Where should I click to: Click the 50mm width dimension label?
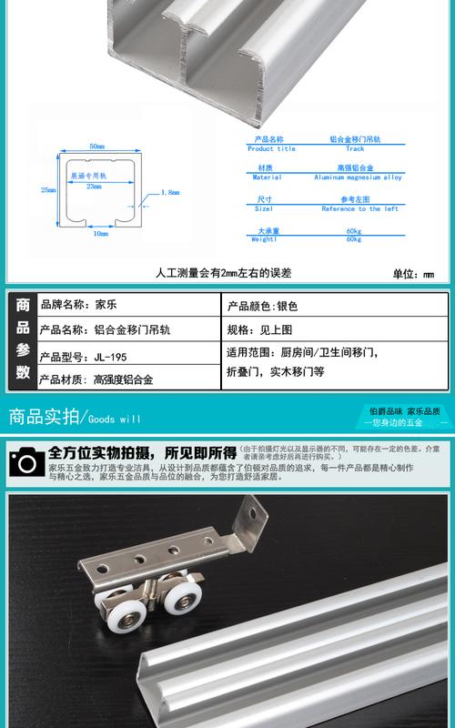(96, 147)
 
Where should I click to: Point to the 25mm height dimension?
(48, 190)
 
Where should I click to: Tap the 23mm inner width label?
(94, 186)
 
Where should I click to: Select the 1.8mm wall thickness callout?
(169, 193)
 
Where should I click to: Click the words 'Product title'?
(271, 149)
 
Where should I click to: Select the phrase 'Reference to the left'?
(359, 209)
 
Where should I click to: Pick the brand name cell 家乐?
(105, 307)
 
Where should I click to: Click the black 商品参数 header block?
(23, 342)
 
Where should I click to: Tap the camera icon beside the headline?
(25, 461)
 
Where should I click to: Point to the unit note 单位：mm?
(413, 273)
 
